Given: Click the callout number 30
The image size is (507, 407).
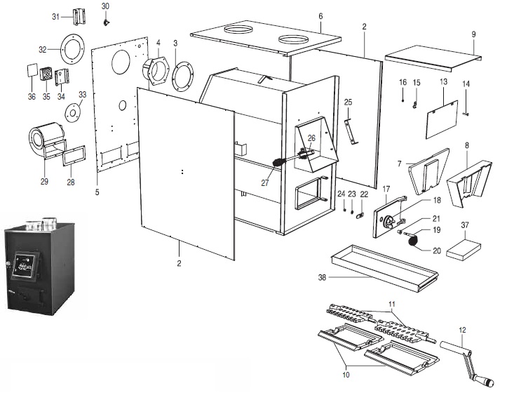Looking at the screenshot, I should click(105, 6).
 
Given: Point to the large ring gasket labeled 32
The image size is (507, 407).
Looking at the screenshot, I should click(69, 49).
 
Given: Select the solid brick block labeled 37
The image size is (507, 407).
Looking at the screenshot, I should click(463, 247).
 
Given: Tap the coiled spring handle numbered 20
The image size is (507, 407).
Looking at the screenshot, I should click(413, 241).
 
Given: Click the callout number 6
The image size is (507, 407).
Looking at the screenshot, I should click(320, 15).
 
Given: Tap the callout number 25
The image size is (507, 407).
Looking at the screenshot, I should click(348, 102).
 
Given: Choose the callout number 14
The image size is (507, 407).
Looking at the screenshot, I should click(466, 84).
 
